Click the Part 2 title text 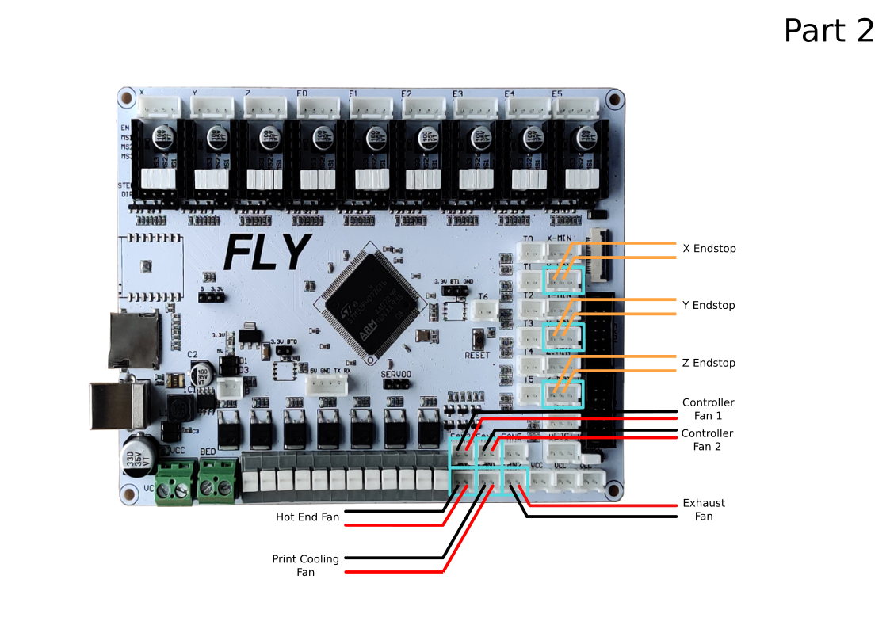828,31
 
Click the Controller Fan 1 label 708,409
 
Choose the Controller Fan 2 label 707,440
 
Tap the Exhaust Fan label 704,509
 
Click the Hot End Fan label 307,517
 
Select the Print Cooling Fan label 305,566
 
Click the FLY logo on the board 265,254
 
